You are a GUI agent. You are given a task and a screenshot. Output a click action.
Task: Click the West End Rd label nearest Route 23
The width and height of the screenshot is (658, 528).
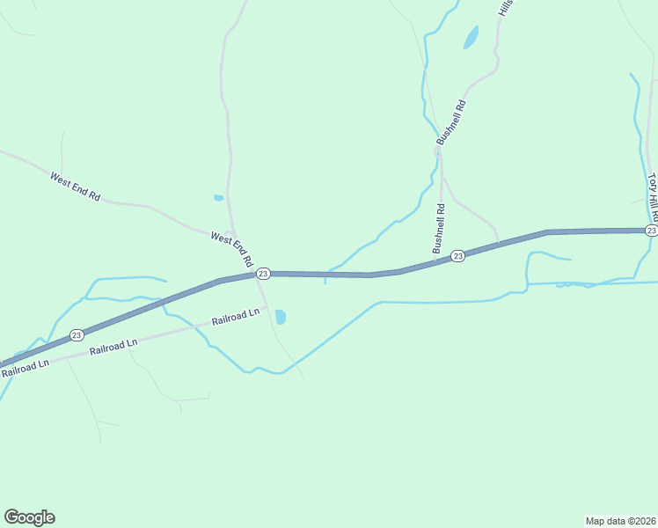point(232,249)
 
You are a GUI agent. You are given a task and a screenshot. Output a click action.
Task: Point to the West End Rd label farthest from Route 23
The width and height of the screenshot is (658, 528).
point(75,187)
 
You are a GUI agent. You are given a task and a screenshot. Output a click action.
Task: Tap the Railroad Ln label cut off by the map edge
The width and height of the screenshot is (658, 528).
point(25,369)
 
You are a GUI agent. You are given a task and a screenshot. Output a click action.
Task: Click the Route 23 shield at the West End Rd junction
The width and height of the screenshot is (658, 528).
point(262,274)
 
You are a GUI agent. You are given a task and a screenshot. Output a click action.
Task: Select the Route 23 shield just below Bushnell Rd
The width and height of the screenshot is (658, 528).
point(457,255)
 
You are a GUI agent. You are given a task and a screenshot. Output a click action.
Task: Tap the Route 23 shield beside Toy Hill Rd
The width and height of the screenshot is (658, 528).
point(650,231)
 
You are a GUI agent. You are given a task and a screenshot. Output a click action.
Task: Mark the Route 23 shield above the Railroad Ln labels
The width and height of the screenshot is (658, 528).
point(77,334)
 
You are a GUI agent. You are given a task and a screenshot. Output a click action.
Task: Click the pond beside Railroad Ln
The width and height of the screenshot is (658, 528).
point(281,316)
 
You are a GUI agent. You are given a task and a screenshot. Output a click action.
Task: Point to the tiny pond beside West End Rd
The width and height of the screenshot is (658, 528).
point(218,198)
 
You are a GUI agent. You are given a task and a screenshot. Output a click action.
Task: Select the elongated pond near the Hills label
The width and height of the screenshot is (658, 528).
point(472,37)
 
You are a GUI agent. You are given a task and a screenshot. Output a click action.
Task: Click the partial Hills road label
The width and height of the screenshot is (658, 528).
point(504,8)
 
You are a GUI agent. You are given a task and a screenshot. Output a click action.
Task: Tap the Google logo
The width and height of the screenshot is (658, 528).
point(29,517)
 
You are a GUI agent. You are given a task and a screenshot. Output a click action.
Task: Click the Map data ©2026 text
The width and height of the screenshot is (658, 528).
point(620,520)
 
